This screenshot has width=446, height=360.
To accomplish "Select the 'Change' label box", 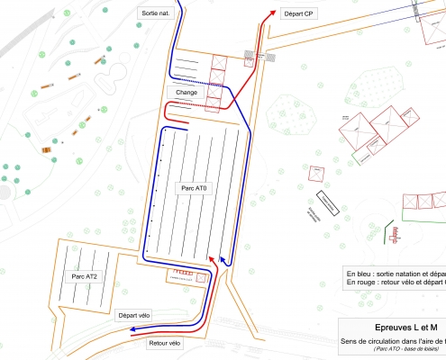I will tap(187, 93).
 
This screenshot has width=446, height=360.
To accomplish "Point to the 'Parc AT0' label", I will tap(193, 189).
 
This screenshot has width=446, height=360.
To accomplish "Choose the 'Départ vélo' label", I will tap(134, 315).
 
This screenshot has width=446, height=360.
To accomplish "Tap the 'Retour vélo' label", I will tap(163, 343).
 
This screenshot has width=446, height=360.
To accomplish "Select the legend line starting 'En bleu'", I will tap(395, 273).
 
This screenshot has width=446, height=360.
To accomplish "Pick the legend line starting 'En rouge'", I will tap(395, 282).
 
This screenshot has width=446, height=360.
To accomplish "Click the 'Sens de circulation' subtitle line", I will tap(393, 341).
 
